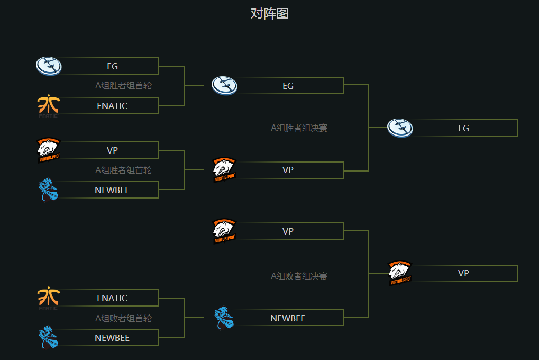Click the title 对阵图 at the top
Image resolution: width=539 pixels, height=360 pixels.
(x=269, y=14)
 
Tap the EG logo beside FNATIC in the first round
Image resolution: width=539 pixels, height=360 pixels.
(x=49, y=66)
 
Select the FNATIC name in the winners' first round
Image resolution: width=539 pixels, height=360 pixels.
(x=112, y=106)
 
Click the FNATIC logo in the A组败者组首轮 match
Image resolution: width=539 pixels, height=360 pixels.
(x=49, y=298)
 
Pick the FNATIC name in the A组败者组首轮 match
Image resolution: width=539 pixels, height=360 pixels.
(x=112, y=298)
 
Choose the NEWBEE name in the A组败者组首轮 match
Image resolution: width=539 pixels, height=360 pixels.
(x=112, y=338)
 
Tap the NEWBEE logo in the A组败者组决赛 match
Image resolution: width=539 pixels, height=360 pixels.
(x=224, y=318)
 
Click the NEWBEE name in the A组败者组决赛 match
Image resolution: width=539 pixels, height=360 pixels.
(x=288, y=318)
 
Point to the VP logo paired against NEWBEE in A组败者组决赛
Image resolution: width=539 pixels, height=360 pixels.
(x=224, y=231)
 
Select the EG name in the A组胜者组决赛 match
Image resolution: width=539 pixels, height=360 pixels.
(x=288, y=86)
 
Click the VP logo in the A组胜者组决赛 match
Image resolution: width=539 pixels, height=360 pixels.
(x=224, y=170)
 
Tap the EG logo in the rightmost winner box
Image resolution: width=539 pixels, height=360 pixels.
(x=400, y=128)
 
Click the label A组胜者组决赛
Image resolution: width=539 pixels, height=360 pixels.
(x=299, y=128)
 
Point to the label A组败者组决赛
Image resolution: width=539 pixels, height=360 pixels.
(x=299, y=276)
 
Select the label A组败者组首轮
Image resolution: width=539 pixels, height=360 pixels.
(x=123, y=318)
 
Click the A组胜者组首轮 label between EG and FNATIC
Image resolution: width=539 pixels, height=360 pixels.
(x=123, y=86)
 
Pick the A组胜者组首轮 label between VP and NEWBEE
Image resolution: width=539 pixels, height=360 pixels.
(x=123, y=170)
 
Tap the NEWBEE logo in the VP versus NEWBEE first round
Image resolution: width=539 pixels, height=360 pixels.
(x=49, y=190)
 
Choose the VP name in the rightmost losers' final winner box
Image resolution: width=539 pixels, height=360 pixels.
(x=463, y=273)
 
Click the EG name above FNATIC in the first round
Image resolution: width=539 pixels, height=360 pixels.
(x=112, y=66)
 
